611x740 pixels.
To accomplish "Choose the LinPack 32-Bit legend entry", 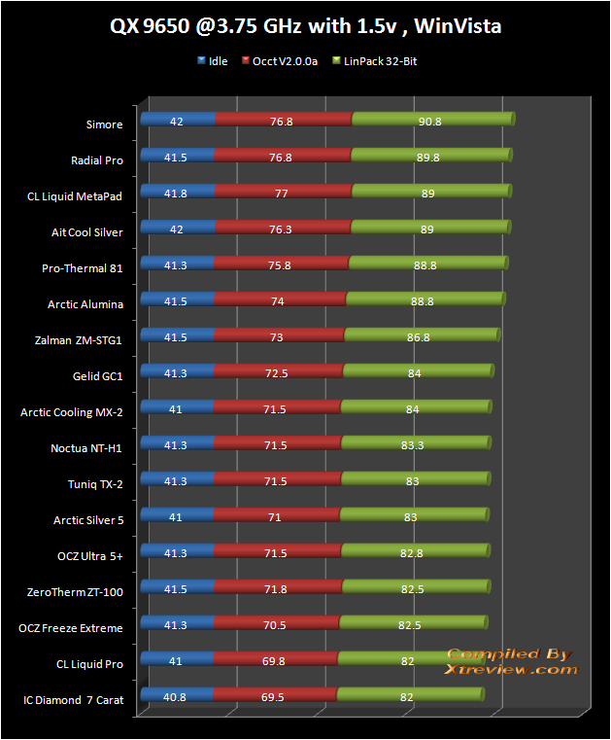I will point(374,61).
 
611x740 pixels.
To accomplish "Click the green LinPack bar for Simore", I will point(432,121).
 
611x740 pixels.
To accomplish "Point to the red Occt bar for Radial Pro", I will point(282,156).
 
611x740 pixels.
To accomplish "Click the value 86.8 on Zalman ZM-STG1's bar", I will point(420,335).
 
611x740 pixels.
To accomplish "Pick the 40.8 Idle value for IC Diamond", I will point(176,695).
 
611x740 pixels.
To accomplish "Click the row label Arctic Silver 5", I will point(88,520).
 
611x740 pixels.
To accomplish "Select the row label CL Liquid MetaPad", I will point(75,196).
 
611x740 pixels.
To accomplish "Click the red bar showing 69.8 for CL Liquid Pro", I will point(276,659).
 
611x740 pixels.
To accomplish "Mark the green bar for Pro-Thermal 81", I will point(427,264).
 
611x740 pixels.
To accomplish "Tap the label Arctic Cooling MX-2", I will point(72,412).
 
